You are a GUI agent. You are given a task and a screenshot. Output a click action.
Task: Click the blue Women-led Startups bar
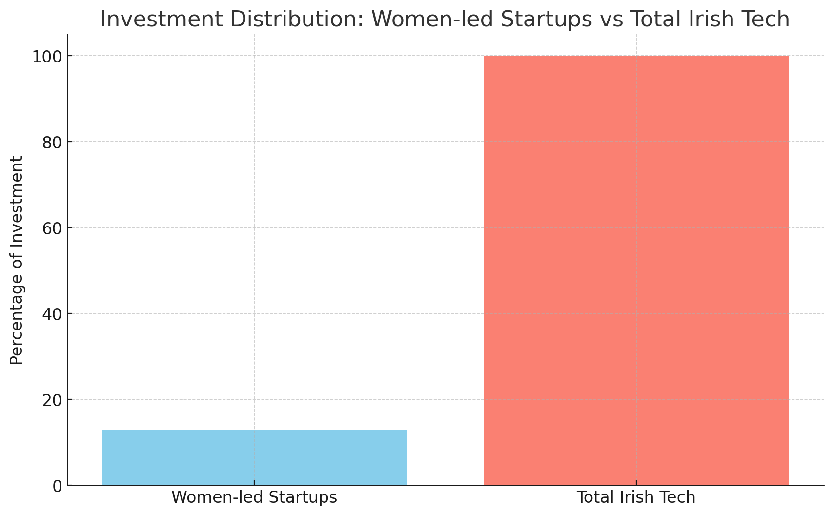[254, 457]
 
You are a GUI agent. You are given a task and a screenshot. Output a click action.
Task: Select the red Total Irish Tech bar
[636, 270]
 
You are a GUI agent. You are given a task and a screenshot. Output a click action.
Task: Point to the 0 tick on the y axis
[57, 486]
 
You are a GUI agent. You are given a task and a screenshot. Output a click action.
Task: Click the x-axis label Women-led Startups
[254, 497]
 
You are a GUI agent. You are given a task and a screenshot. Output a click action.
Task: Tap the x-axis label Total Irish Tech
[636, 497]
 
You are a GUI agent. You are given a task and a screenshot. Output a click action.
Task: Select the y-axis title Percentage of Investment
[17, 260]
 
